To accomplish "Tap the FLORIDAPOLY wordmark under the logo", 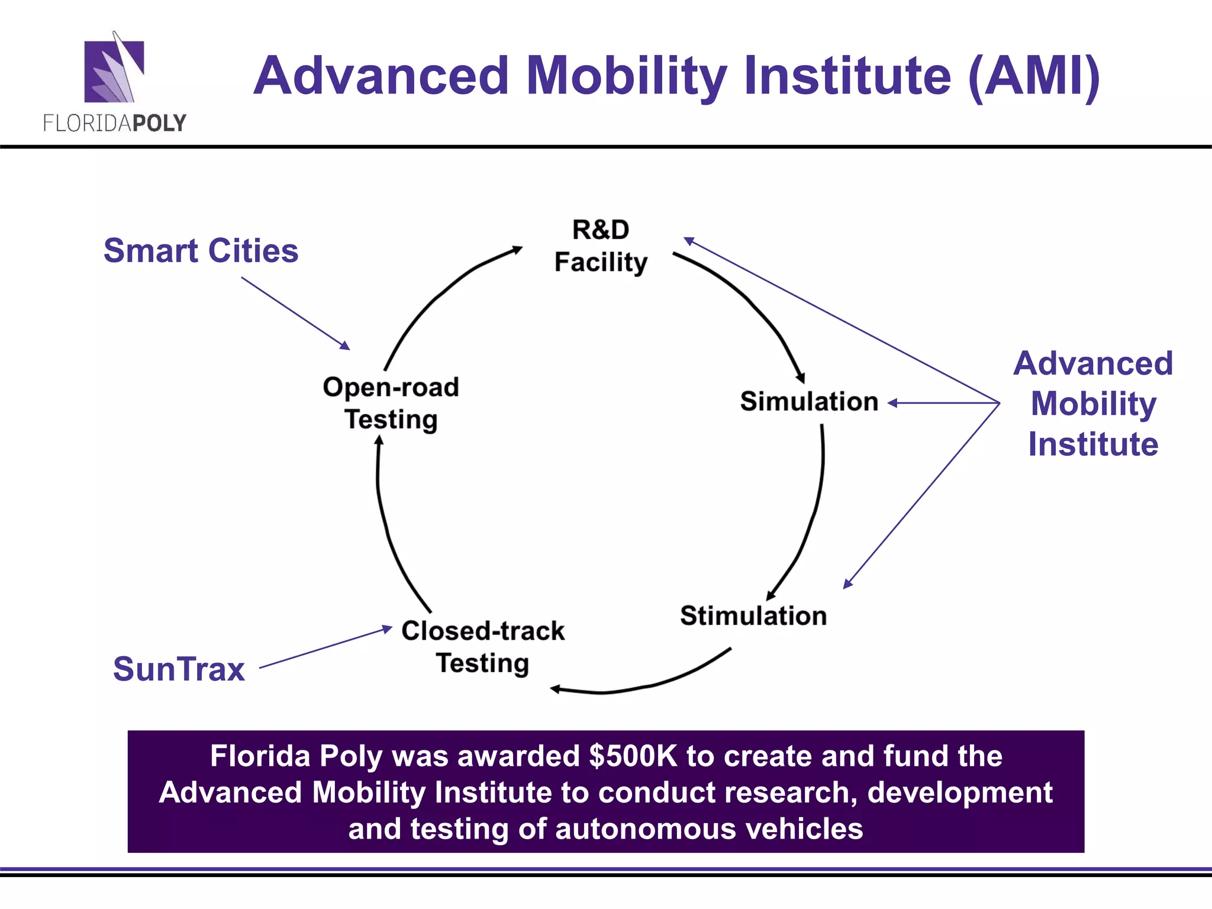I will tap(115, 123).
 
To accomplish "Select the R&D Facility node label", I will tap(601, 246).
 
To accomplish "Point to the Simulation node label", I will tap(809, 402).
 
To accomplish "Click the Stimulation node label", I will tap(753, 616).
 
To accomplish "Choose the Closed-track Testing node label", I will tap(483, 647).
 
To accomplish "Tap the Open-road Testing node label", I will tap(391, 403).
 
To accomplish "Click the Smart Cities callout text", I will tap(201, 250).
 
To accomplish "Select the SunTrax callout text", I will tap(179, 669).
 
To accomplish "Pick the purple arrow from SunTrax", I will tap(325, 647).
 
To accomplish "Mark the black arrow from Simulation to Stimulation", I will tap(814, 515).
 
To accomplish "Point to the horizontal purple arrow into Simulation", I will tap(944, 403).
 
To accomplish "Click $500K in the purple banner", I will tap(633, 756).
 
